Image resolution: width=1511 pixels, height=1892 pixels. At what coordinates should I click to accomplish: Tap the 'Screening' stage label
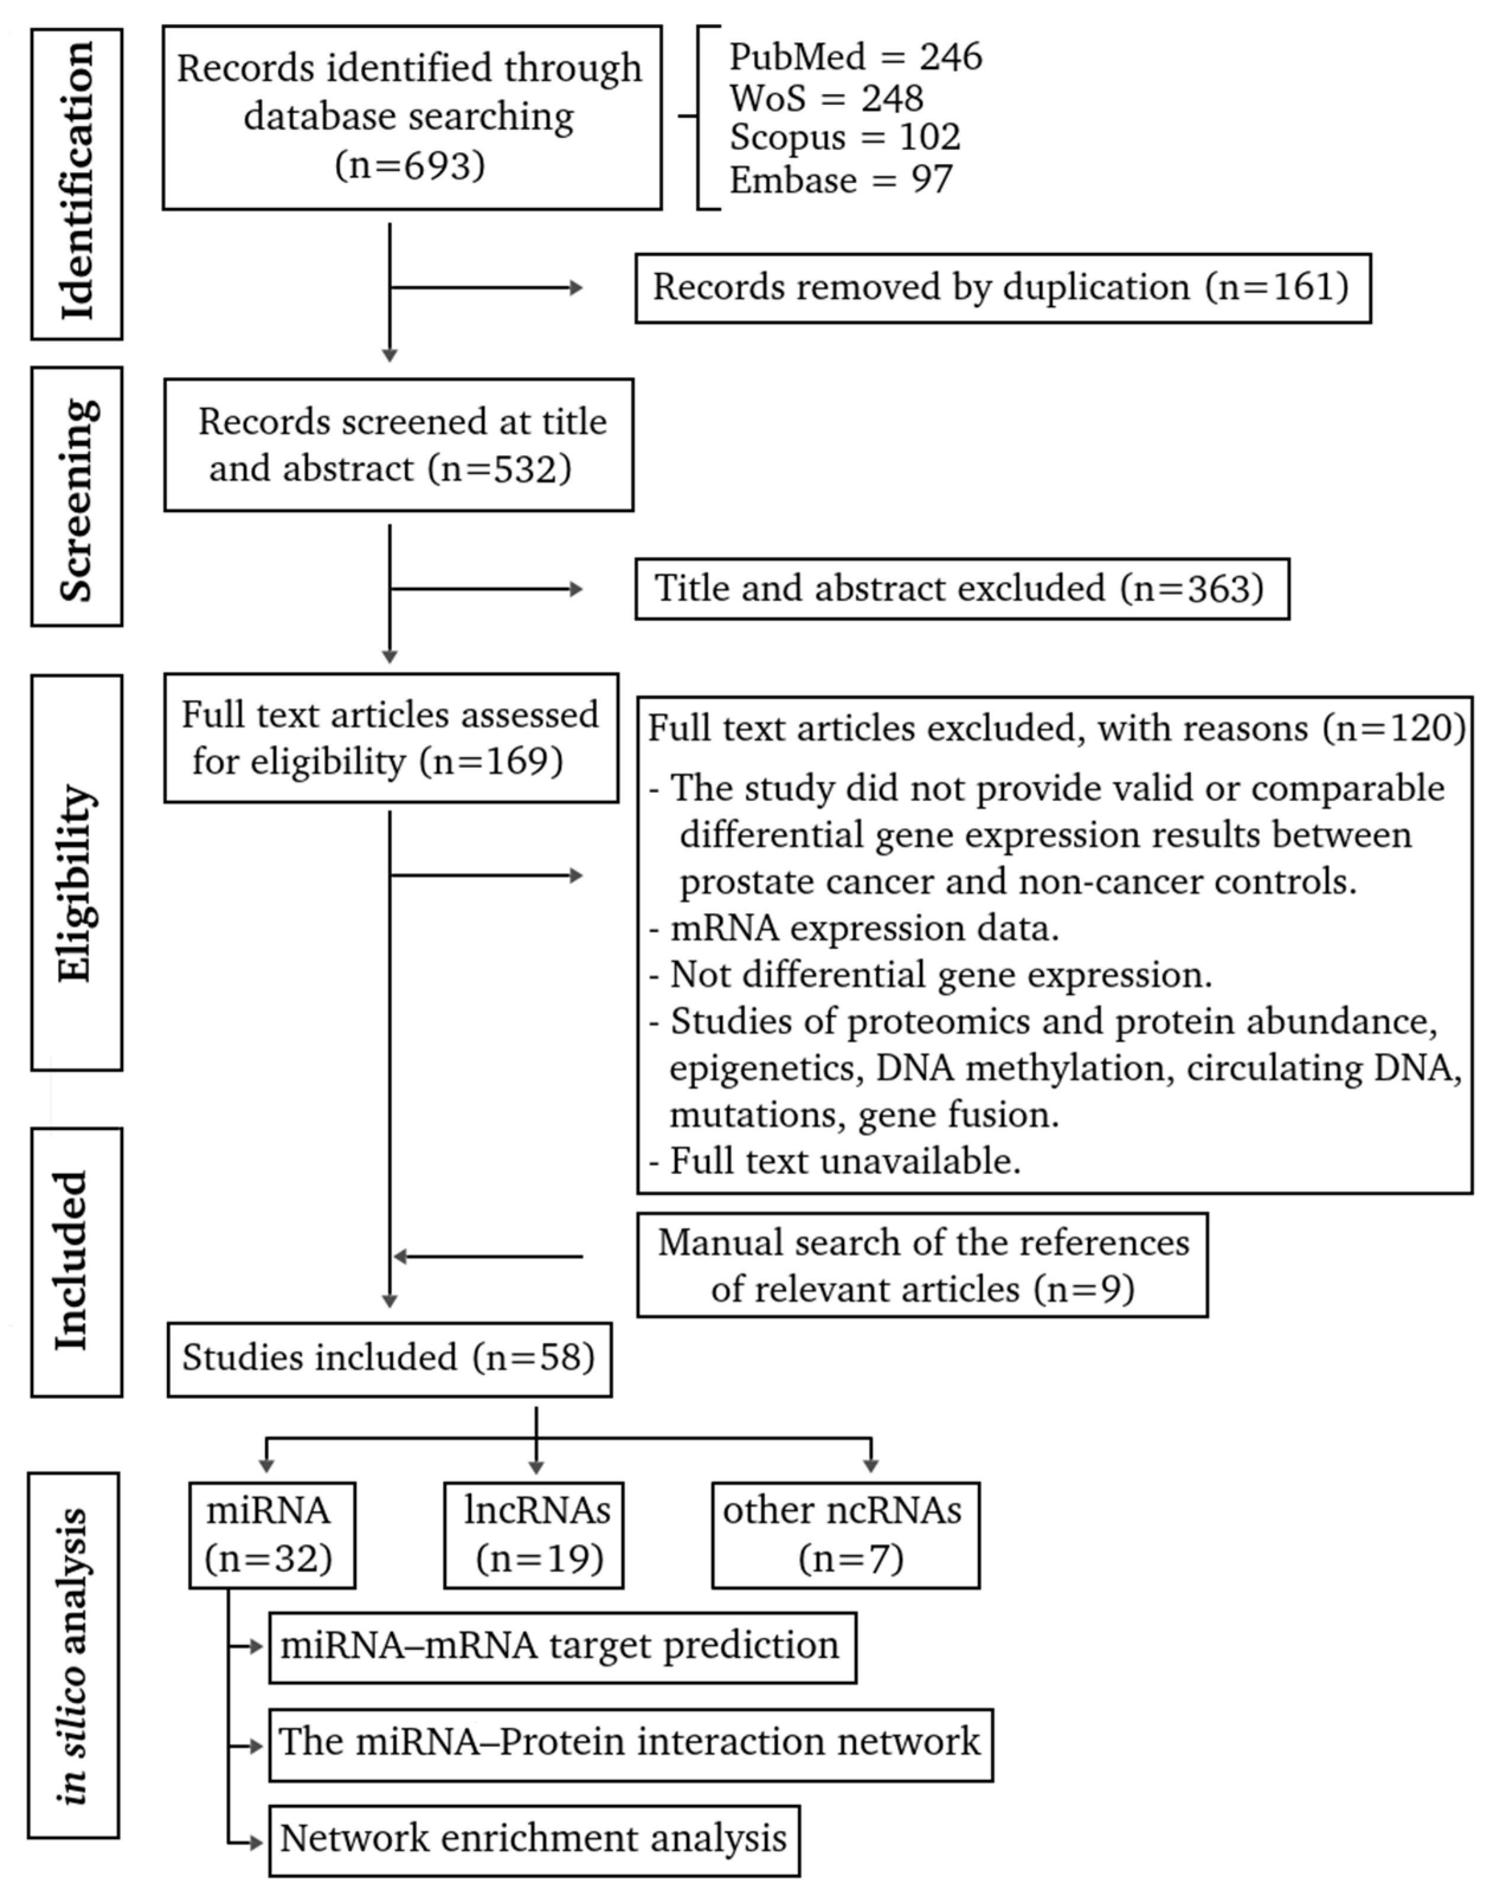coord(77,497)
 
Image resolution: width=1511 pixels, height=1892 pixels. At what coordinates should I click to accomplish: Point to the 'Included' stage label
coord(77,1261)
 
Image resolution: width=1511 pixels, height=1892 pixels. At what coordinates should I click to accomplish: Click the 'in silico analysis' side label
coord(75,1656)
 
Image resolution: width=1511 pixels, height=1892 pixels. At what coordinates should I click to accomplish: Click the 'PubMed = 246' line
coord(856,57)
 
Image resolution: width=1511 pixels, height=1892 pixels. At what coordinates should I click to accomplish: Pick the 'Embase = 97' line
coord(840,180)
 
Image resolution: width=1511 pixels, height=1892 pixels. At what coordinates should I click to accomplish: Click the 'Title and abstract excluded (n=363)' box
coord(962,589)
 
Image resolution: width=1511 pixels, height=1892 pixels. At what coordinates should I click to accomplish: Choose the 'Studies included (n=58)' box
coord(389,1358)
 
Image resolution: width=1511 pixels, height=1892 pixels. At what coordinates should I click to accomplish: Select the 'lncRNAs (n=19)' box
coord(533,1535)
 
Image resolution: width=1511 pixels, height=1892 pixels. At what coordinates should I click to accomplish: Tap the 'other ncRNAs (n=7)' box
coord(845,1535)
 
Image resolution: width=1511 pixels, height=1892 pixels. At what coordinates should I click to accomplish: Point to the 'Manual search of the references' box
coord(922,1265)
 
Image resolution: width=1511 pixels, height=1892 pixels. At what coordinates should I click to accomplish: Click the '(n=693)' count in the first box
coord(410,165)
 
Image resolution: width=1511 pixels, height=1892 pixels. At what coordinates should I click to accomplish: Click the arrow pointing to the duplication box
coord(487,287)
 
